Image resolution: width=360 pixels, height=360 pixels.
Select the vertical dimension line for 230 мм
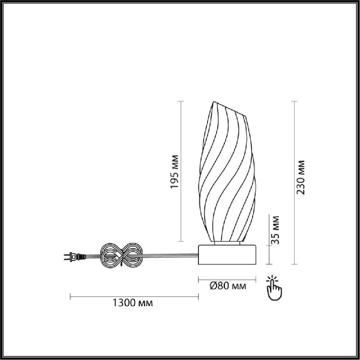[x=293, y=183]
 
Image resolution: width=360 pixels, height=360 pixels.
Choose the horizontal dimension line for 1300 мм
[x=134, y=296]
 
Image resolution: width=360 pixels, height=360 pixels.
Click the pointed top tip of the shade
[x=214, y=102]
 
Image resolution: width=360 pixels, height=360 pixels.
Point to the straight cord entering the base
[x=174, y=258]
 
